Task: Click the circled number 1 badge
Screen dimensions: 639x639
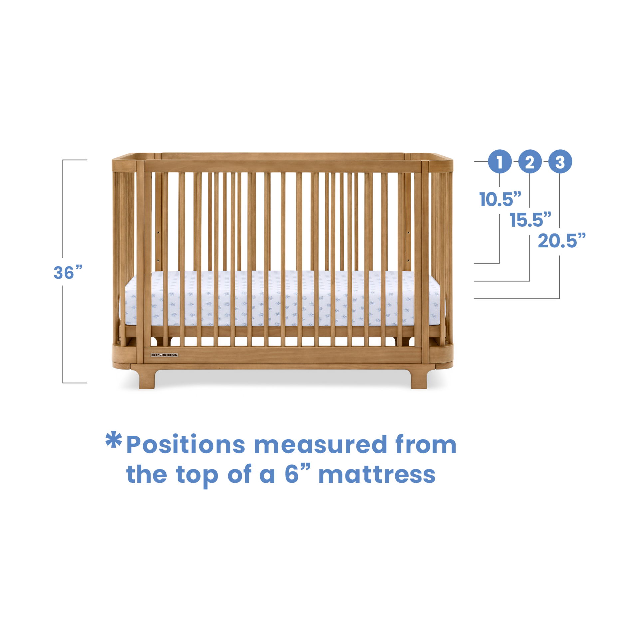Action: pyautogui.click(x=499, y=162)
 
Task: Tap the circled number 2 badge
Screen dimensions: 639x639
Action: pyautogui.click(x=530, y=162)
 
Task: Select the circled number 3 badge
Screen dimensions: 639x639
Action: pyautogui.click(x=560, y=162)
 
